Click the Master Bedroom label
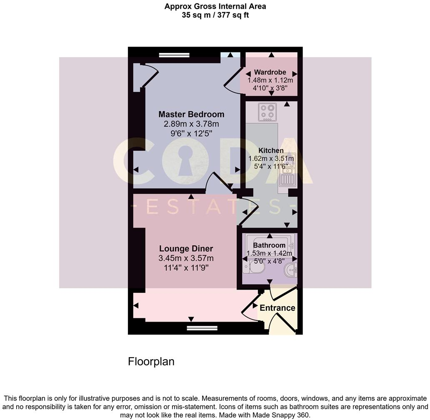pyautogui.click(x=191, y=114)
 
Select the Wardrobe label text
pyautogui.click(x=270, y=72)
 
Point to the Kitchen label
pyautogui.click(x=271, y=150)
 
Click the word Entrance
pyautogui.click(x=277, y=308)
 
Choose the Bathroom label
pyautogui.click(x=269, y=245)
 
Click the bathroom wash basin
pyautogui.click(x=290, y=271)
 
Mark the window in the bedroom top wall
pyautogui.click(x=174, y=55)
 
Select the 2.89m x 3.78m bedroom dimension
pyautogui.click(x=191, y=124)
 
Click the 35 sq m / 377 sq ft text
pyautogui.click(x=215, y=15)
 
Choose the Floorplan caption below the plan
pyautogui.click(x=151, y=361)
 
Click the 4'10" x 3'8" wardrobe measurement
pyautogui.click(x=270, y=88)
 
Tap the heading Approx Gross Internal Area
pyautogui.click(x=215, y=6)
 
